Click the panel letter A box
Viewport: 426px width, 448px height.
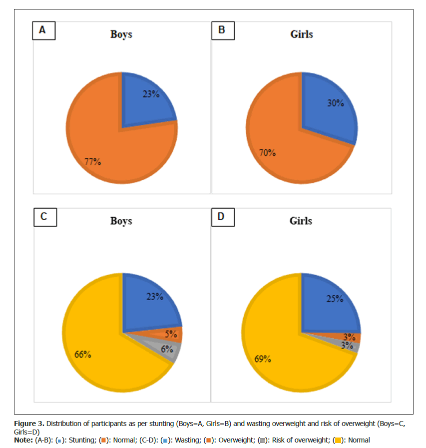[44, 30]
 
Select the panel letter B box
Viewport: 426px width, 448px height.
[223, 30]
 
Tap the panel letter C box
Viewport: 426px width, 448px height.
[45, 217]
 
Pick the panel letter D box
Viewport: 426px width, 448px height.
[223, 217]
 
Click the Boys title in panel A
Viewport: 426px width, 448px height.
[121, 34]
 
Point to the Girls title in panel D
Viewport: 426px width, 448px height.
[301, 221]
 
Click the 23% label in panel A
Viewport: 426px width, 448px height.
[151, 94]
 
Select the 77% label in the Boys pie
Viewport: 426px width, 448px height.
[92, 162]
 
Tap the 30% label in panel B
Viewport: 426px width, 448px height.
[336, 103]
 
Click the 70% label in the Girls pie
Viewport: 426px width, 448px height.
[267, 153]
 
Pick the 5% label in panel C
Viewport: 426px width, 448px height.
[171, 334]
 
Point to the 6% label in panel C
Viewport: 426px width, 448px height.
[167, 349]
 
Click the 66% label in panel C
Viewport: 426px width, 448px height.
[82, 355]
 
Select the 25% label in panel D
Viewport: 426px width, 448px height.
[335, 299]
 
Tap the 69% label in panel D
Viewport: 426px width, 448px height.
[263, 359]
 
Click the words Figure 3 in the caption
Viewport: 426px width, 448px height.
[29, 424]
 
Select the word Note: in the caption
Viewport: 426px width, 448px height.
[23, 440]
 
